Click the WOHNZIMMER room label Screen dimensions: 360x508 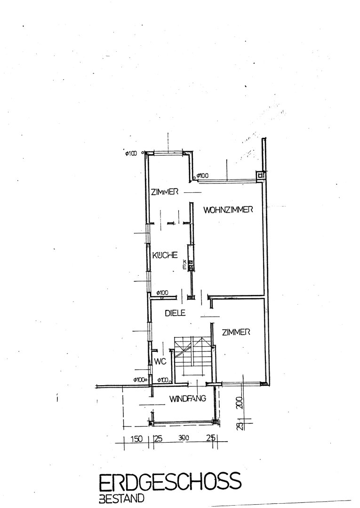228,210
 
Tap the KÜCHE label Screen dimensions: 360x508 165,255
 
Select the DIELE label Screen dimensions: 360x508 175,313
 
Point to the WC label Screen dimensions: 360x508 160,361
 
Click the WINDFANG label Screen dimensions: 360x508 188,398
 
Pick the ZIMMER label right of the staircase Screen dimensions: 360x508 236,332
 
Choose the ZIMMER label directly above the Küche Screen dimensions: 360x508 165,192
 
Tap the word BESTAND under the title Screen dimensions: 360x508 121,498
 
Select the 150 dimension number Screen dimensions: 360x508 136,439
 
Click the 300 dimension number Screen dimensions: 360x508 183,438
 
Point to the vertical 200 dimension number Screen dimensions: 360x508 240,403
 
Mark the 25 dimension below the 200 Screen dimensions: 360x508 240,425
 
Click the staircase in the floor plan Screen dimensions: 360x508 192,357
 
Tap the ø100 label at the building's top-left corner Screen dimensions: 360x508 131,153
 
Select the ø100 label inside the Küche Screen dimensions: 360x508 162,293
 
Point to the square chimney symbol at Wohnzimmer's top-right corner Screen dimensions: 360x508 260,175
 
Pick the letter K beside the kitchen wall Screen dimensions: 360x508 184,261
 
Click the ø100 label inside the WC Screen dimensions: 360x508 163,380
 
